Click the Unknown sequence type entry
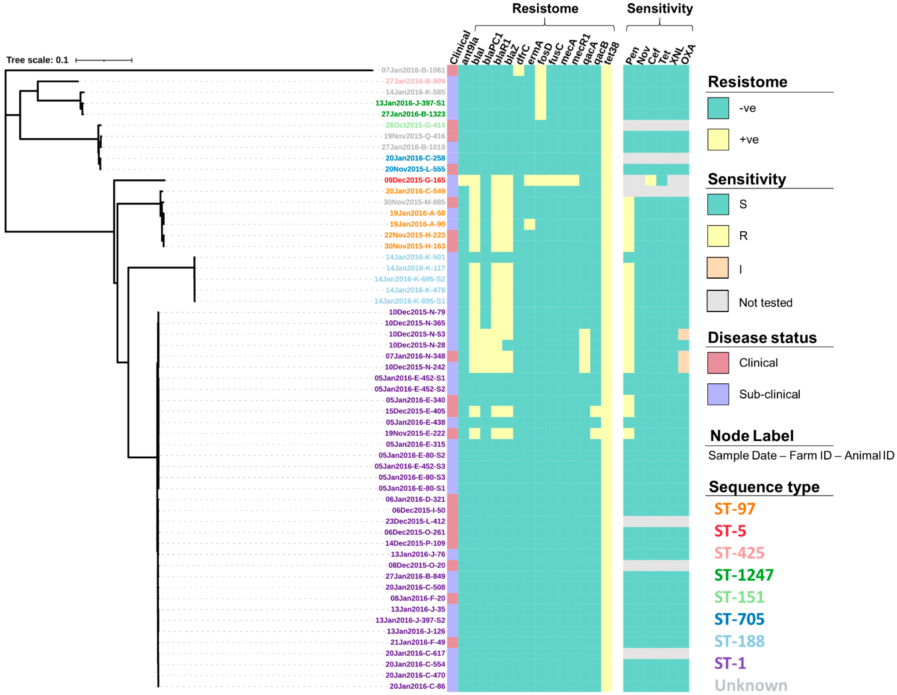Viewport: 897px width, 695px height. (751, 685)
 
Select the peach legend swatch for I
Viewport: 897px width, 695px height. (717, 268)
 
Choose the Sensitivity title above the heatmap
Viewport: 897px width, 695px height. (660, 9)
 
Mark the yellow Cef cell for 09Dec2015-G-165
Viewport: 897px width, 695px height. (651, 180)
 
